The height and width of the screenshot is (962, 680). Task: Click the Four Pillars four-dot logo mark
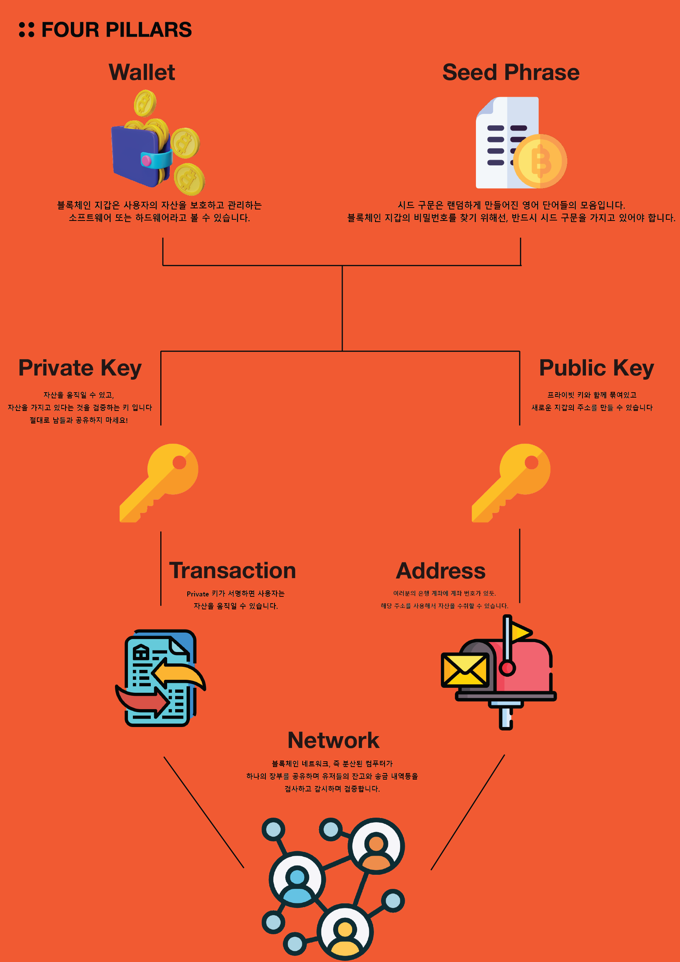[26, 30]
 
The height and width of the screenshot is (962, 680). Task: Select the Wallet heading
[142, 72]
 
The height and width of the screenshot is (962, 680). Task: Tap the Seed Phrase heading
[511, 72]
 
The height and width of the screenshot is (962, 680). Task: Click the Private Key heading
[80, 368]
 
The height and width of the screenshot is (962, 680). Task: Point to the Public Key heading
[596, 368]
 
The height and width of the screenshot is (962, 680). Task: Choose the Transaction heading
[233, 570]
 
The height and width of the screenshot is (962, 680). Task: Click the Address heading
[441, 570]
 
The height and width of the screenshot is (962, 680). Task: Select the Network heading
[334, 740]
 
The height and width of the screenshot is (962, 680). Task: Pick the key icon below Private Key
[159, 483]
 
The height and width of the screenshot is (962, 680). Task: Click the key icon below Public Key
[511, 483]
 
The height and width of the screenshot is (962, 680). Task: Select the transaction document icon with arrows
[160, 678]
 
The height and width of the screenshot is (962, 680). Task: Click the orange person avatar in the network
[376, 846]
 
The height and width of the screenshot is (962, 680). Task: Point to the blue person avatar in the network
[297, 879]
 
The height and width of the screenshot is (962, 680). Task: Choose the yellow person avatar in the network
[345, 932]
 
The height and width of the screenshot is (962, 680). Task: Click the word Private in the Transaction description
[198, 594]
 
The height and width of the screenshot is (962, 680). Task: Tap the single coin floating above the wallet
[145, 103]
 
